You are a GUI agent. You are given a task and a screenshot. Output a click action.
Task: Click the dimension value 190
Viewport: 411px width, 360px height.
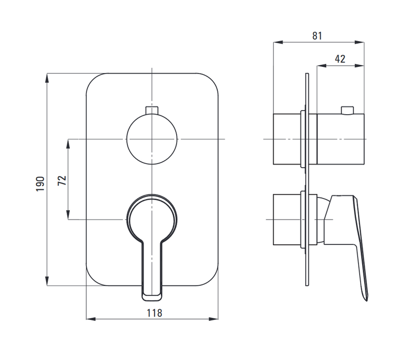[41, 184]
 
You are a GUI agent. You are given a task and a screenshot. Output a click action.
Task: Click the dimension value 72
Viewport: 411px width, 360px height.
[62, 181]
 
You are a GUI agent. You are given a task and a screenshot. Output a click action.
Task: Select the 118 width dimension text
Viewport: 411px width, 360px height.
[155, 313]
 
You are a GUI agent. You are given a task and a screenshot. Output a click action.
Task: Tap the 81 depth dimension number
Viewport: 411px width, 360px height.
[317, 35]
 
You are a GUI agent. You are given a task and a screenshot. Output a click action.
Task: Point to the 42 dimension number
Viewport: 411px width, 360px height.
[340, 59]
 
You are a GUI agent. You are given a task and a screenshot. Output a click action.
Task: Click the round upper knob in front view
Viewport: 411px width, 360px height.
[152, 139]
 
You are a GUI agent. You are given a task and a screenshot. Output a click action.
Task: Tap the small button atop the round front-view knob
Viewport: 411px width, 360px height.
[152, 110]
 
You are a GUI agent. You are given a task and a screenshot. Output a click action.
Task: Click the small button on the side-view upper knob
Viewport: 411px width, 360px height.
[347, 111]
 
